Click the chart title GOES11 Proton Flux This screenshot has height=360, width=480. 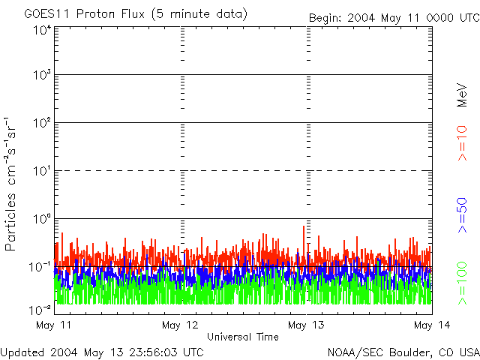(136, 13)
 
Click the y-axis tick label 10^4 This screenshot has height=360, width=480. (41, 30)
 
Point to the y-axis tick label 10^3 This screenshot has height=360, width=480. (41, 75)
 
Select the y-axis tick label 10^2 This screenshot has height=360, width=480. (41, 122)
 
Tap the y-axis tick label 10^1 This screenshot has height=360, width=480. (41, 170)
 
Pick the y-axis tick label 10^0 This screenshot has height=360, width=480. (41, 218)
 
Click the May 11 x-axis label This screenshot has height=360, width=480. (53, 325)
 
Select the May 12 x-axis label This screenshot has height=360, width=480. (180, 325)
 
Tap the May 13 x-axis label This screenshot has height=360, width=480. (306, 325)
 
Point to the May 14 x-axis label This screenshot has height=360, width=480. (431, 325)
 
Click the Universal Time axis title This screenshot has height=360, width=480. (242, 337)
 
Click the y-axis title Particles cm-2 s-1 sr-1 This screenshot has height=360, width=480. (11, 184)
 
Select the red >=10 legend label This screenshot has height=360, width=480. (462, 143)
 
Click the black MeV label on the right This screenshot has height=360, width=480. (462, 93)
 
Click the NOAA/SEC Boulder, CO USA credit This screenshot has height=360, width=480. (403, 352)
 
